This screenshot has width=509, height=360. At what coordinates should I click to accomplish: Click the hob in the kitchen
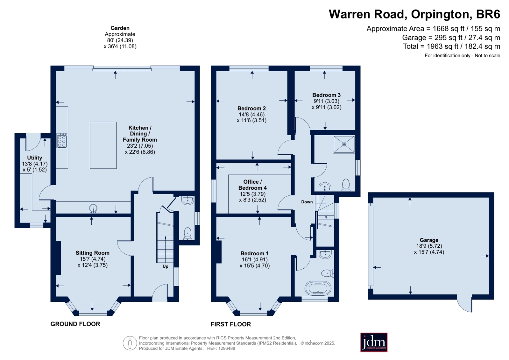(x=61, y=141)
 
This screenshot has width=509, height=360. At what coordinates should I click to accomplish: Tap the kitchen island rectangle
(x=103, y=145)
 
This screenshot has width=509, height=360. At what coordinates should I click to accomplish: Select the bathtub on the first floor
(x=318, y=288)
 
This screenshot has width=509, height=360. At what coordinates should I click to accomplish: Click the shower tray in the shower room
(x=344, y=144)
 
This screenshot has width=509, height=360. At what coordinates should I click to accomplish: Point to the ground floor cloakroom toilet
(x=187, y=234)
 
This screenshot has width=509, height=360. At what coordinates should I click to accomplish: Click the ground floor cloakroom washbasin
(x=188, y=200)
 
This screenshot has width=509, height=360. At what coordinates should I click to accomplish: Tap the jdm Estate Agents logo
(x=374, y=342)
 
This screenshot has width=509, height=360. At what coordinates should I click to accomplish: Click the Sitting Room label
(x=93, y=253)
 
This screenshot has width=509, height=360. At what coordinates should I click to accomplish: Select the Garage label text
(x=429, y=240)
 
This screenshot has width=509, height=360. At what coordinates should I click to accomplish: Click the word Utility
(x=35, y=158)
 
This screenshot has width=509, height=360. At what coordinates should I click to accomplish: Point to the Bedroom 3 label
(x=327, y=95)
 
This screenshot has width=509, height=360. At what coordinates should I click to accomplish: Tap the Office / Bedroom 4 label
(x=252, y=185)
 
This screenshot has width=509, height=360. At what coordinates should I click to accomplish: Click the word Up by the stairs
(x=166, y=266)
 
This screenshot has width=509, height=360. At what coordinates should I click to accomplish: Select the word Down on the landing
(x=307, y=202)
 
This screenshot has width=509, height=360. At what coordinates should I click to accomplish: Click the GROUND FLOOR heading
(x=75, y=324)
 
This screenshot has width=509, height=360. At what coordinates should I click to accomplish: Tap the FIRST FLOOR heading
(x=231, y=324)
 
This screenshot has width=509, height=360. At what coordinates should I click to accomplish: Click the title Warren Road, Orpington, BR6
(x=414, y=14)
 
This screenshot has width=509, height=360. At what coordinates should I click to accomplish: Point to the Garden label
(x=120, y=28)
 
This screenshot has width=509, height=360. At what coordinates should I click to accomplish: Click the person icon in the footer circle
(x=130, y=343)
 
